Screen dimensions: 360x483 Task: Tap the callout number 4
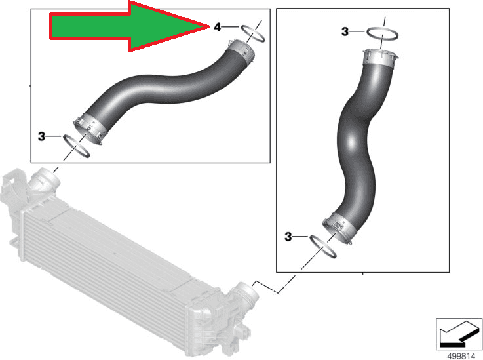pyautogui.click(x=217, y=27)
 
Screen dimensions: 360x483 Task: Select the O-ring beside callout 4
pyautogui.click(x=252, y=33)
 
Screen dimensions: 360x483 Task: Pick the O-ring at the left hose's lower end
pyautogui.click(x=77, y=145)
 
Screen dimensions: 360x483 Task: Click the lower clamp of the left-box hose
pyautogui.click(x=90, y=127)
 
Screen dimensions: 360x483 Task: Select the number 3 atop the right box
pyautogui.click(x=345, y=31)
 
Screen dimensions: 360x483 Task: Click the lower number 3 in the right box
pyautogui.click(x=288, y=236)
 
